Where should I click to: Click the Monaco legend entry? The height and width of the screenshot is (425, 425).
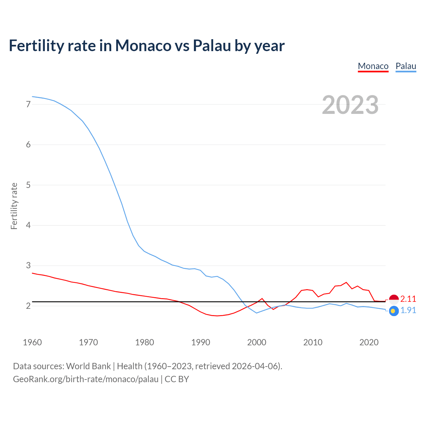coord(373,66)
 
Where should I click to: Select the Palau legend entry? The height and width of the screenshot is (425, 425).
coord(406,66)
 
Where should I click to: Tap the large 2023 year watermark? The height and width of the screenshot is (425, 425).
coord(350,105)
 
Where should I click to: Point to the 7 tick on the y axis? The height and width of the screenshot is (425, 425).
coord(28,104)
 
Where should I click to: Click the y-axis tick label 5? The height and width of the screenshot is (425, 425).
coord(28,185)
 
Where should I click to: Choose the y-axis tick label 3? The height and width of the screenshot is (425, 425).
coord(28,266)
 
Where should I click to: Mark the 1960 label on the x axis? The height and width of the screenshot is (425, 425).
coord(32,342)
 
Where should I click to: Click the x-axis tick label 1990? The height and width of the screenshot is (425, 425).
coord(201,342)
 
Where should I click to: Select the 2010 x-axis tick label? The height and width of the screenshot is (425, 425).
coord(313,342)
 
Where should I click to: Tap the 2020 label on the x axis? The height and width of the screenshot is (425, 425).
coord(369,342)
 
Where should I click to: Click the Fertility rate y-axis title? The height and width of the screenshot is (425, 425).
coord(14,206)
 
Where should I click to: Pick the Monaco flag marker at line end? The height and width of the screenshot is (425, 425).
coord(394,299)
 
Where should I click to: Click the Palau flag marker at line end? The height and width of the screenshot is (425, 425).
coord(394,311)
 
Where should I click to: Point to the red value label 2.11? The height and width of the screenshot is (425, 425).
coord(408,299)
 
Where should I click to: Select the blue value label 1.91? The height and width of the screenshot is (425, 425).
coord(408,310)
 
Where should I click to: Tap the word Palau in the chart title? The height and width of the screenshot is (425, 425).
coord(212,46)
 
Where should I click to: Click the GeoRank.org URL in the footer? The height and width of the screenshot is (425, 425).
coord(86,379)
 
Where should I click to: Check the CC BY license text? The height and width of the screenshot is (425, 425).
coord(177,379)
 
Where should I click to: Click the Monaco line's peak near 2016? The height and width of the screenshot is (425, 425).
coord(346,282)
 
